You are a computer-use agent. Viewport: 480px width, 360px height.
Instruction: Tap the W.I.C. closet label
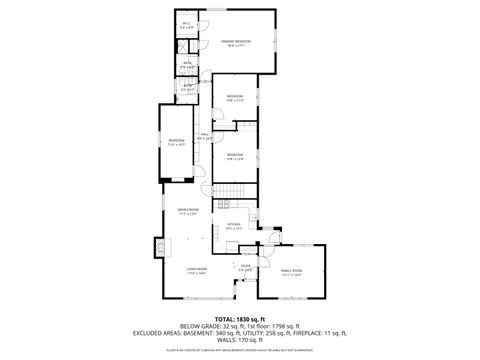coord(186,26)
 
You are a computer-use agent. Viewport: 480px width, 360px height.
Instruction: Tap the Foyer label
coord(245,267)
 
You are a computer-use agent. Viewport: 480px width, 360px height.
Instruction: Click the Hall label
coord(204,135)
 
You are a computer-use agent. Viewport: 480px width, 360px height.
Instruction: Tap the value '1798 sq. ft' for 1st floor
coord(291,326)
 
